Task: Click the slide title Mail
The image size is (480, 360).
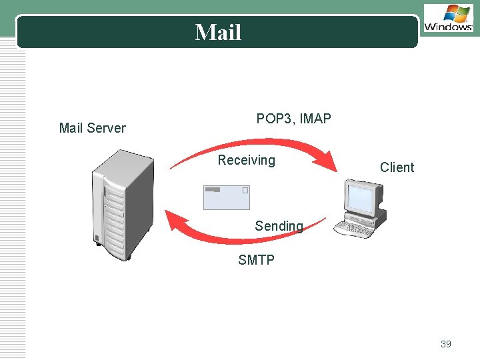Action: click(x=218, y=32)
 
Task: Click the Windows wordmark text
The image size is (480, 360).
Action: click(x=448, y=27)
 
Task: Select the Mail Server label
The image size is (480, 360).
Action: click(x=92, y=128)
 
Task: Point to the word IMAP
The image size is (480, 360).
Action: click(x=315, y=119)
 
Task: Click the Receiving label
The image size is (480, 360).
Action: click(x=246, y=160)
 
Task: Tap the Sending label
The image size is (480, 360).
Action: click(x=279, y=226)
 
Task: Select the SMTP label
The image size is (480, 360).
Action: click(x=256, y=260)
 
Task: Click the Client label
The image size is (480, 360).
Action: click(x=397, y=167)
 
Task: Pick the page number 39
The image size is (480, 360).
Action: click(x=445, y=344)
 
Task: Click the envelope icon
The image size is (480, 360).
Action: click(x=226, y=198)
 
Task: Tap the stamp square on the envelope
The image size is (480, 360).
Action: click(x=245, y=191)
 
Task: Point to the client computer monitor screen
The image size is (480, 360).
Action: click(x=361, y=197)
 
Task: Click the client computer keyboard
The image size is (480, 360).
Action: click(x=353, y=229)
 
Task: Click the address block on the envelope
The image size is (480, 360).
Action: click(x=213, y=190)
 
